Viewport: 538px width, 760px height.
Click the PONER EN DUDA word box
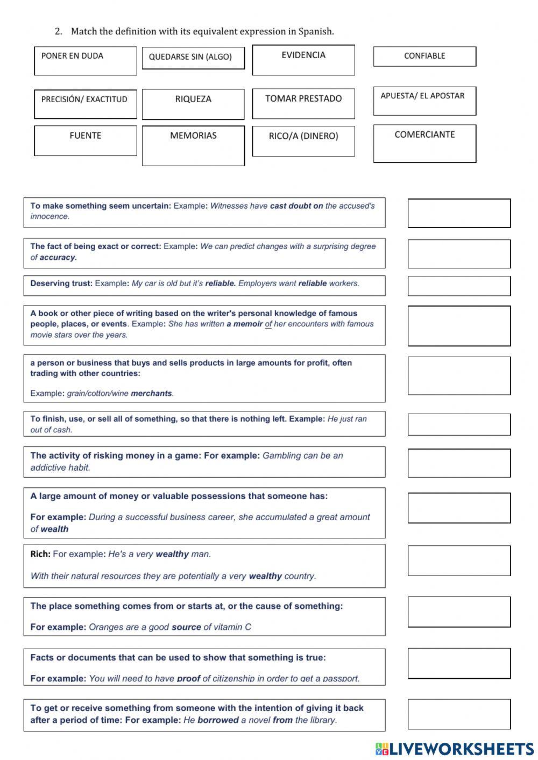(x=85, y=61)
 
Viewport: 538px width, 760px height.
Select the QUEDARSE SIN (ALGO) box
(x=193, y=58)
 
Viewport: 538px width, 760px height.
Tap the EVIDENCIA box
(x=303, y=60)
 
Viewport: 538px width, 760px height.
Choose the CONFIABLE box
(x=424, y=56)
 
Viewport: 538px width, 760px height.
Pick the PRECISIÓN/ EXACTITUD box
(x=85, y=104)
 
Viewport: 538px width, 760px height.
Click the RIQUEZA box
(x=193, y=104)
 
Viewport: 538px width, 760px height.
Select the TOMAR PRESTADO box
(x=303, y=103)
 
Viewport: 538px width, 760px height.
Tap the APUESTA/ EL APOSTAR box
(x=424, y=101)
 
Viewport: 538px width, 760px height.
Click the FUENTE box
(x=85, y=140)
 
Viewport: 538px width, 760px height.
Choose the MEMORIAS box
(x=193, y=146)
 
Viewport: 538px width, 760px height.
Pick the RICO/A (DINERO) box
(x=303, y=141)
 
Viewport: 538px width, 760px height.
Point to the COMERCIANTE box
(x=424, y=144)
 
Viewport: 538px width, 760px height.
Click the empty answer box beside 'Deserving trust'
(x=459, y=286)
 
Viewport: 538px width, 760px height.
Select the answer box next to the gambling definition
(x=459, y=463)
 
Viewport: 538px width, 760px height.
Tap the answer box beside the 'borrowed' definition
(x=459, y=714)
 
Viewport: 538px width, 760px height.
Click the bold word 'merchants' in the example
(x=151, y=394)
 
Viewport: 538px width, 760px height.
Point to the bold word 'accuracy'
(x=58, y=258)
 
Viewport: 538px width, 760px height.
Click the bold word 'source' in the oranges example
(x=186, y=627)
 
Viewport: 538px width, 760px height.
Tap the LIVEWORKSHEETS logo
(x=455, y=749)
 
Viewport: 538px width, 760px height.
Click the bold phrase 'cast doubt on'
(x=296, y=206)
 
